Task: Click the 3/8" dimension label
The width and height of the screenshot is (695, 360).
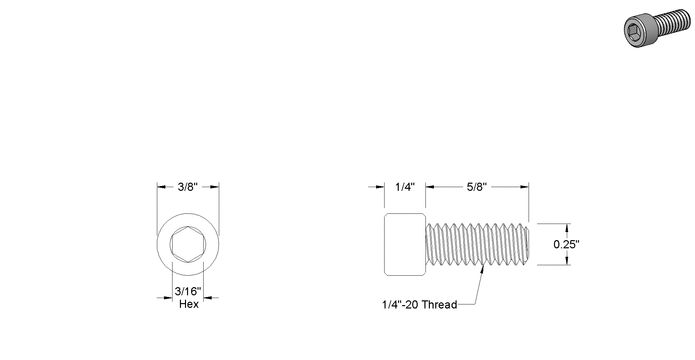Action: coord(187,187)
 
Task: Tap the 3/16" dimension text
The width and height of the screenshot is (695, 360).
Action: coord(188,292)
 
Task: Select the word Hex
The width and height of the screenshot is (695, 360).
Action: coord(189,304)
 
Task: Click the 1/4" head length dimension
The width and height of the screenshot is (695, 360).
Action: coord(405,187)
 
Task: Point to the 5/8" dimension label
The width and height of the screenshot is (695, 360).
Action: coord(477,187)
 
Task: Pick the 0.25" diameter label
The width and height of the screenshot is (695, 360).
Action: coord(566,244)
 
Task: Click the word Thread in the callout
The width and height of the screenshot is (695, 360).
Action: coord(439,305)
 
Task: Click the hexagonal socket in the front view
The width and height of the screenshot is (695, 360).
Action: coord(188,244)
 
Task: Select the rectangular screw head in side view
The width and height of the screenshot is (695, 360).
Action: coord(405,244)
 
